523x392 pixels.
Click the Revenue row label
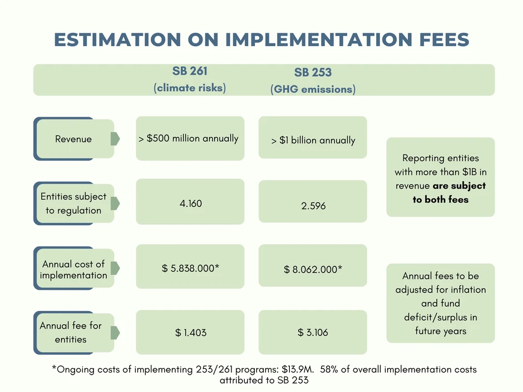click(73, 139)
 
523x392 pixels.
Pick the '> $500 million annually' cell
click(189, 138)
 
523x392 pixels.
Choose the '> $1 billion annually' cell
click(313, 140)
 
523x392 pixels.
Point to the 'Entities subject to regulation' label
click(73, 204)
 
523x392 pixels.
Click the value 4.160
click(191, 204)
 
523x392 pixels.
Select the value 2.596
click(313, 206)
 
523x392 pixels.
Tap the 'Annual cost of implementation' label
click(73, 270)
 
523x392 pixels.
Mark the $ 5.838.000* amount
click(191, 268)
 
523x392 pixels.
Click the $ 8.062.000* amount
click(313, 270)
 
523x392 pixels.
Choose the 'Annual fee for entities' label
click(71, 333)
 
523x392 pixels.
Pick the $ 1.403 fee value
click(191, 333)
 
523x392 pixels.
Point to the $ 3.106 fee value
click(313, 333)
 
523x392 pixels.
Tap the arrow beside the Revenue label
click(115, 139)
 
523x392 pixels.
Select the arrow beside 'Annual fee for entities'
click(115, 333)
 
